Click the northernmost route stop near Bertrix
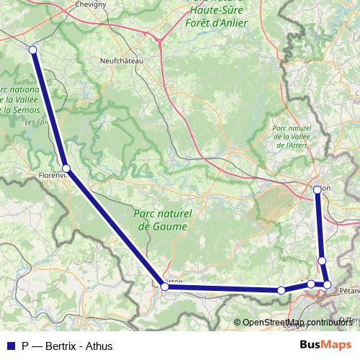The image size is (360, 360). tap(32, 50)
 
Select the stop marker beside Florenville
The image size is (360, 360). tap(66, 168)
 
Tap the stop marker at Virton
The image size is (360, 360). tap(165, 287)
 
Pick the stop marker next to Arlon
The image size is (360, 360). tap(317, 189)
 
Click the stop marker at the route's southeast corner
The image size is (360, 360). tap(327, 285)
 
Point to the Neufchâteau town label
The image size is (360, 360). tap(122, 61)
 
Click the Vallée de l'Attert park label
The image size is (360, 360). tap(292, 137)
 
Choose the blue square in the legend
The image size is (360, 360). tap(10, 346)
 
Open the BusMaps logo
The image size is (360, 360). tap(325, 346)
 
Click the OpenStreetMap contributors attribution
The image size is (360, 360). tap(297, 322)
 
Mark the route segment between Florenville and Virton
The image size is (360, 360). tap(115, 228)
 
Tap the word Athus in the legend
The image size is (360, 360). tap(99, 346)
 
